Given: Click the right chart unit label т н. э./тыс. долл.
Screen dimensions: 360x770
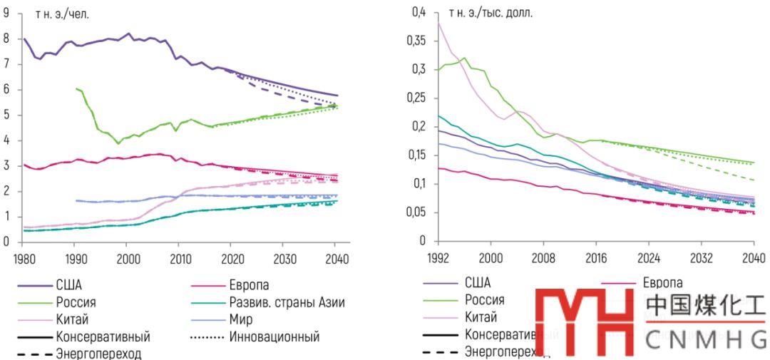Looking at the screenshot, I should click(x=491, y=14).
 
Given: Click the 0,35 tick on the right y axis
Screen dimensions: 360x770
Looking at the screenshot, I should click(x=414, y=41).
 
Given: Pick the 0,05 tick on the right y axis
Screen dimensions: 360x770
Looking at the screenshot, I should click(x=414, y=212).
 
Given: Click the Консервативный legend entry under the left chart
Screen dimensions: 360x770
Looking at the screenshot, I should click(x=103, y=336).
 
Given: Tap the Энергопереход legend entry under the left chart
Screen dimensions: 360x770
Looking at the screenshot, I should click(x=100, y=354).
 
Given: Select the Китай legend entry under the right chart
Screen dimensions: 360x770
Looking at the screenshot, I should click(x=481, y=317).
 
